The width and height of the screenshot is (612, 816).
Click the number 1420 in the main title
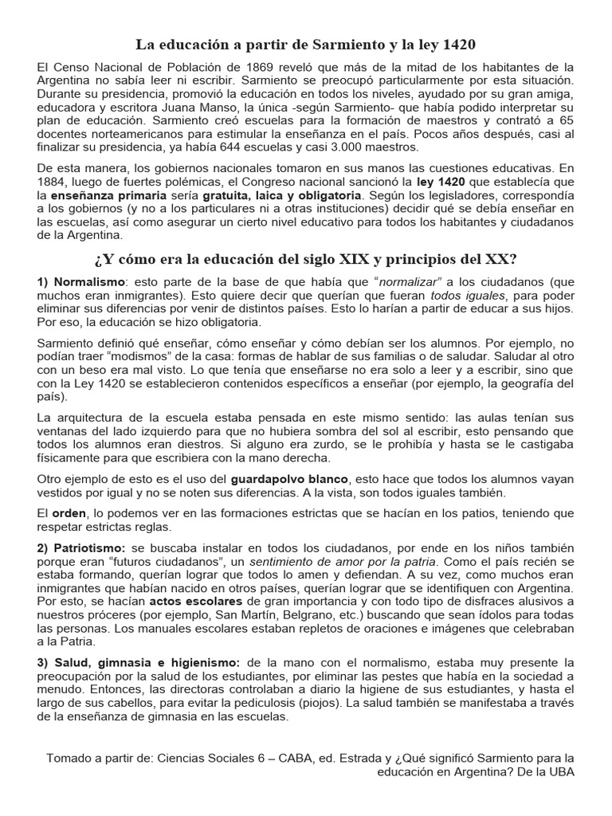pos(462,45)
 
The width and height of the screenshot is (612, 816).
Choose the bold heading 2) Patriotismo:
pos(81,550)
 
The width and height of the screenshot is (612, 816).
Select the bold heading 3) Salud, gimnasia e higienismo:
pos(138,662)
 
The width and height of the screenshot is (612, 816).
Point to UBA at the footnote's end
pos(559,772)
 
